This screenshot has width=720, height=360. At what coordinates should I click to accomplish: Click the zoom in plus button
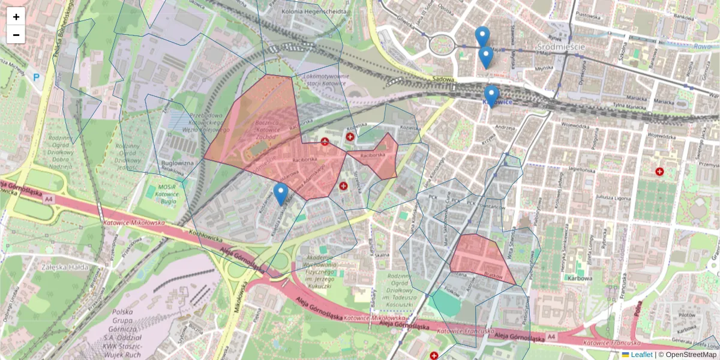click(16, 17)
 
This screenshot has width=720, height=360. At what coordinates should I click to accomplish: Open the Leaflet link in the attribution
click(641, 355)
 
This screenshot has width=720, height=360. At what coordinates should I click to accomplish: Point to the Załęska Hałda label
click(62, 267)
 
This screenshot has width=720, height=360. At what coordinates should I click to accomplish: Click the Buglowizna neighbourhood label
click(178, 163)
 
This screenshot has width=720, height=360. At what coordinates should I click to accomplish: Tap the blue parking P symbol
click(37, 77)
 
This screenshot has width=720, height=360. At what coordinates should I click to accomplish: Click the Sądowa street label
click(442, 79)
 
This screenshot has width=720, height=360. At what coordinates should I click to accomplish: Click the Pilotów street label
click(685, 314)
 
